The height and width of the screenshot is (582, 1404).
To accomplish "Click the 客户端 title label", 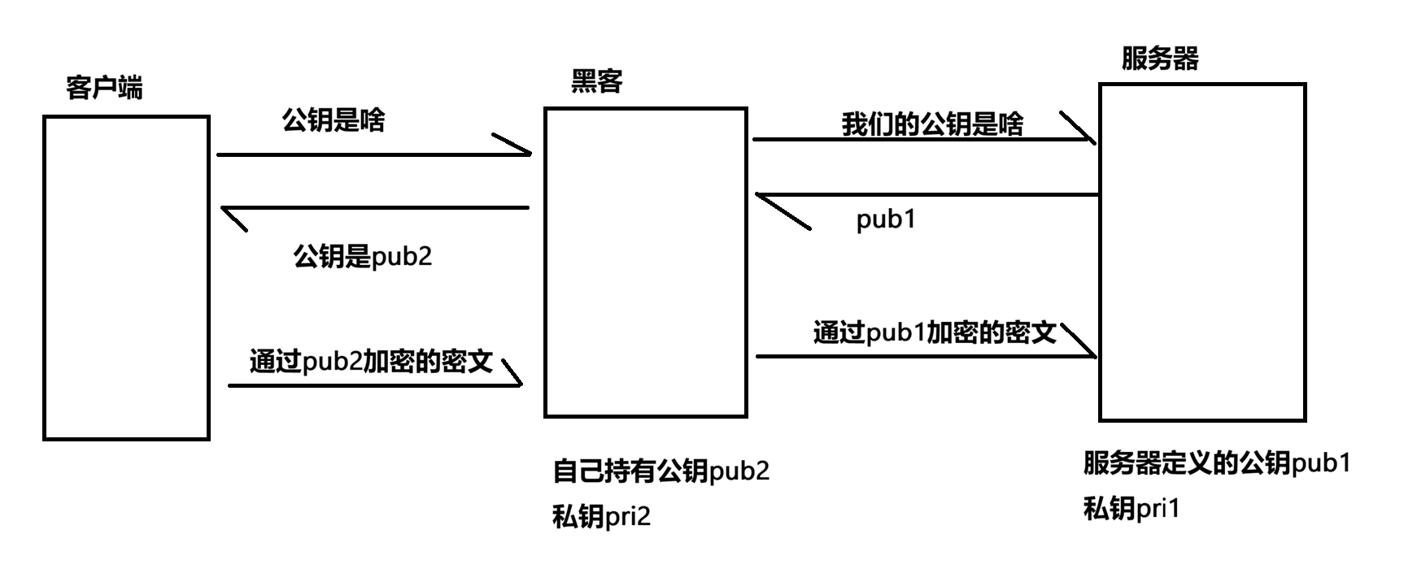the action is tap(104, 87).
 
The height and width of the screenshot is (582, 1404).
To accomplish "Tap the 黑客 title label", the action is tap(597, 81).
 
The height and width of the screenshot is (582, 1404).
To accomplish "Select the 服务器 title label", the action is tap(1160, 59).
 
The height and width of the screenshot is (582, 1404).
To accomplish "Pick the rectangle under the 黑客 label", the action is tap(545, 263).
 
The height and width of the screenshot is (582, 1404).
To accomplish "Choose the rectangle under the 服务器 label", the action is tap(1101, 252).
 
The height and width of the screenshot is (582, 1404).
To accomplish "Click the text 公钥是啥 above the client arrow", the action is tap(334, 120).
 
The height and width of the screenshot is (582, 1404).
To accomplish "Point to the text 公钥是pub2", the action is tap(363, 257).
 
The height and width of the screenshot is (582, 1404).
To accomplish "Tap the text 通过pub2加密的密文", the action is tap(371, 361).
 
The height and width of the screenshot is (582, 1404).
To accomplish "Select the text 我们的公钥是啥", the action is tap(932, 124).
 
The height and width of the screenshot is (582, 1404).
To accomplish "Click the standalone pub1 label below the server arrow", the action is tap(886, 219).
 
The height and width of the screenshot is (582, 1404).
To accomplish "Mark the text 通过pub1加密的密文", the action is tap(935, 332).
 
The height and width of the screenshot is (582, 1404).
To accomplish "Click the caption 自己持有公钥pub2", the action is tap(661, 471).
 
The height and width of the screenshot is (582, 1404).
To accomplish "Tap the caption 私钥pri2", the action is tap(601, 517).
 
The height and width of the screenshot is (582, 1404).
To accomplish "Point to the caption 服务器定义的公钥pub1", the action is tap(1217, 463).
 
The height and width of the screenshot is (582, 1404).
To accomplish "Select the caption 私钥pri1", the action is tap(1131, 509).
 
